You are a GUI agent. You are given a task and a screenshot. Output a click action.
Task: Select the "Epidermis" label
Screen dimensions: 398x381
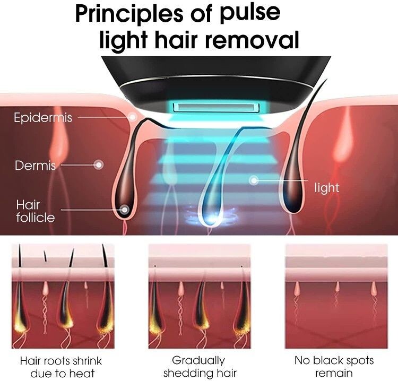(x=43, y=117)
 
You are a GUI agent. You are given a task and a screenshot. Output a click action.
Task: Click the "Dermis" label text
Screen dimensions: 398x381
(x=35, y=166)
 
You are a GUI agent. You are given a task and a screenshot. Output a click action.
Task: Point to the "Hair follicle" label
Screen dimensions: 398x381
(x=35, y=211)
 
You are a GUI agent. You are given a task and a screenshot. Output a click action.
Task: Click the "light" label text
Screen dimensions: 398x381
(x=326, y=188)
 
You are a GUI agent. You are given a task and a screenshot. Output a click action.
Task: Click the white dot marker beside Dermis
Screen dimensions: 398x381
(x=98, y=165)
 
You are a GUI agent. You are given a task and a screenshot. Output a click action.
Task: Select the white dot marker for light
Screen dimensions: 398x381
(x=254, y=181)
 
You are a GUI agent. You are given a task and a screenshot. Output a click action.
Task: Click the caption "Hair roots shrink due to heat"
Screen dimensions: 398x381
(x=60, y=367)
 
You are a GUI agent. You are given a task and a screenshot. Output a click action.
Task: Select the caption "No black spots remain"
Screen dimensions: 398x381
(x=334, y=367)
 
